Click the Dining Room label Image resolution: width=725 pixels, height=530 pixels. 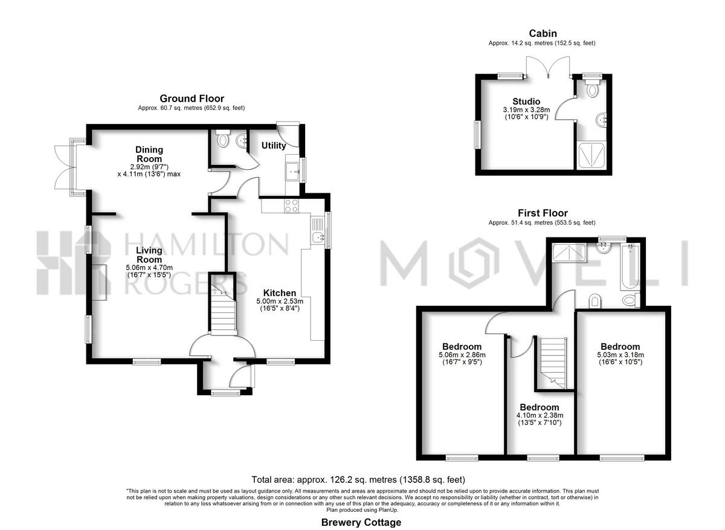pos(149,154)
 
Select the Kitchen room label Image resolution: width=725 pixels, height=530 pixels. pos(279,293)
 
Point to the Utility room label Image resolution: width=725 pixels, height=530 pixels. pos(274,146)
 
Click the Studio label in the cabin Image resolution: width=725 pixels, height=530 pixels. pos(526,101)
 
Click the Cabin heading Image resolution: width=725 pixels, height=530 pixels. pos(543,34)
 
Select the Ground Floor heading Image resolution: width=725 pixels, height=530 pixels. pos(192,99)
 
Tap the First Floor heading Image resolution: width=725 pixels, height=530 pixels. pos(543,213)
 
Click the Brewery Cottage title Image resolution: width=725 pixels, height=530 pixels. pos(361,522)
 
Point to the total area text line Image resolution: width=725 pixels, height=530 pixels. pos(362,479)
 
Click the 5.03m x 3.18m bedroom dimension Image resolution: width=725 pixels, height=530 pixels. pos(620,355)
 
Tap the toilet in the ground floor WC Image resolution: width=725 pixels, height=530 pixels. pos(223,140)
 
